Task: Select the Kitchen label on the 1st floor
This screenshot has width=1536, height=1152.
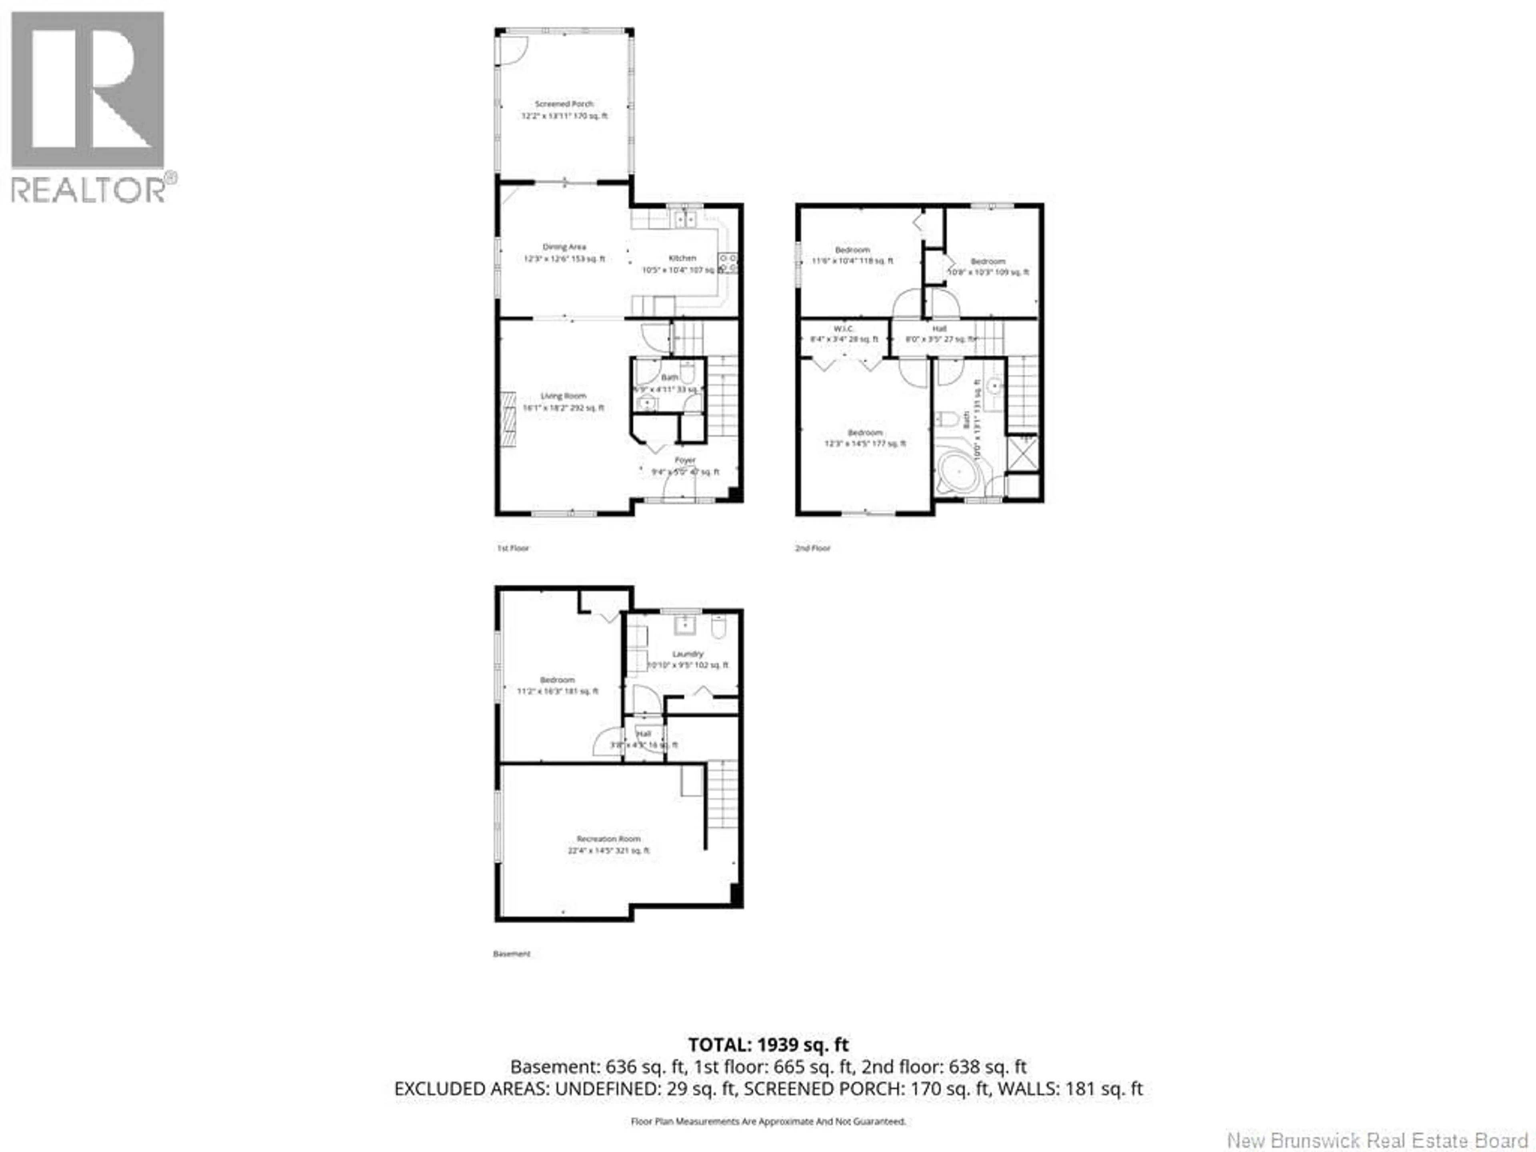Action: pyautogui.click(x=682, y=258)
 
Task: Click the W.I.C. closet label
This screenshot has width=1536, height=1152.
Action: pyautogui.click(x=844, y=328)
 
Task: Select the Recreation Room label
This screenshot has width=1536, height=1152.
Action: pyautogui.click(x=608, y=839)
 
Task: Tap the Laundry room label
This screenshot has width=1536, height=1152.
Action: pyautogui.click(x=688, y=654)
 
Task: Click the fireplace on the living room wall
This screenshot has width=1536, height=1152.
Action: pyautogui.click(x=509, y=420)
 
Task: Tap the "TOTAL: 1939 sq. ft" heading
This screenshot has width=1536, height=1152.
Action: pyautogui.click(x=768, y=1044)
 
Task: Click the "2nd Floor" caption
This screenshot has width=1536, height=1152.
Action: pyautogui.click(x=812, y=548)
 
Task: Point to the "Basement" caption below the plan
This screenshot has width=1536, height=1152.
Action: pyautogui.click(x=512, y=954)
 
